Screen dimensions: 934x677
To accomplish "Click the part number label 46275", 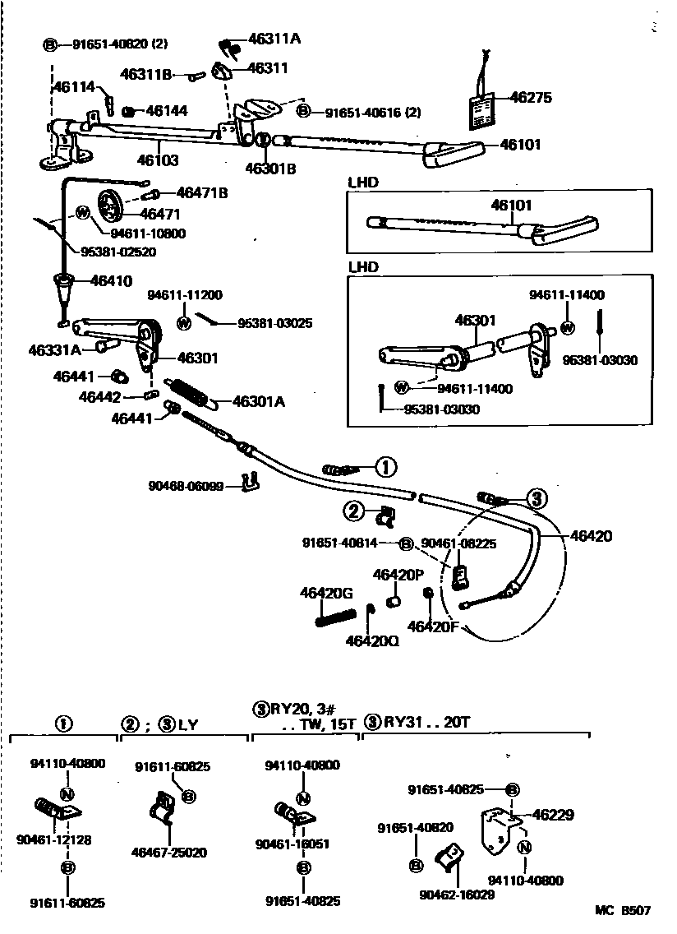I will click(530, 97).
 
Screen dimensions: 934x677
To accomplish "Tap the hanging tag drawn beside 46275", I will click(482, 108).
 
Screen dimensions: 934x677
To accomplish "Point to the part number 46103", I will click(158, 161).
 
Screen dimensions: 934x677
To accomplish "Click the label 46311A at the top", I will click(274, 38).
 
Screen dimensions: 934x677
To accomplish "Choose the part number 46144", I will click(167, 110).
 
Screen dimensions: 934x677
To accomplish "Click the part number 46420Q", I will click(372, 640).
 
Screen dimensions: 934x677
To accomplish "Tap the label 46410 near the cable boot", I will click(112, 280).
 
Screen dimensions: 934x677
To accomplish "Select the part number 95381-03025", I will click(274, 323).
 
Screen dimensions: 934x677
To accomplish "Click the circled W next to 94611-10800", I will click(83, 213).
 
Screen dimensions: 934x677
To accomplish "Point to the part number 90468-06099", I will click(186, 486).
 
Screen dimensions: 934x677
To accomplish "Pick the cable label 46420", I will click(592, 535).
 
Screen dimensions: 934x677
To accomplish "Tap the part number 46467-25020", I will click(169, 852).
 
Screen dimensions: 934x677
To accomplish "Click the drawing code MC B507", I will click(623, 911).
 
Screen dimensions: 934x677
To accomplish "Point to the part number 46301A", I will click(259, 402).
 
